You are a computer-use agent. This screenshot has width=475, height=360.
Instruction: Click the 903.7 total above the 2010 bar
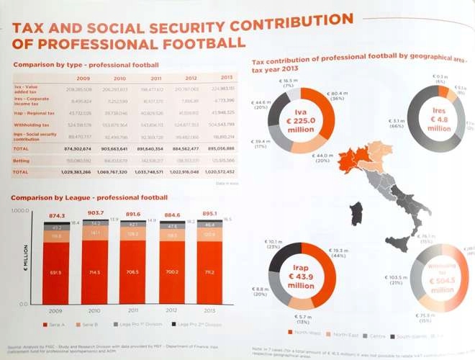[x=96, y=215]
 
